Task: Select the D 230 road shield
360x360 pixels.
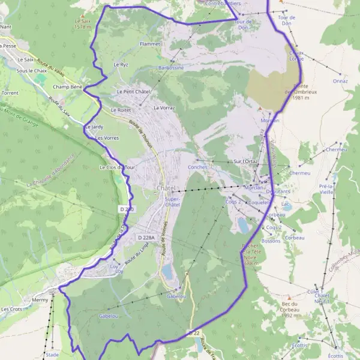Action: pos(126,208)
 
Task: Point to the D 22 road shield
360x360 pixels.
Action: pos(193,332)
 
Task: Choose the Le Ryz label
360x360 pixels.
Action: pos(121,64)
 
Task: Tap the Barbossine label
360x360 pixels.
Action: pos(171,68)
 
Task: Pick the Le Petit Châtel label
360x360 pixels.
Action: pos(133,91)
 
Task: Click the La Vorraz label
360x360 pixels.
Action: pos(164,108)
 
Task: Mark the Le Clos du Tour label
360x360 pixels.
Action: pos(119,167)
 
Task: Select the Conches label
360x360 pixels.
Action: pos(197,167)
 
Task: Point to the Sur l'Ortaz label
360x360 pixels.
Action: pos(245,161)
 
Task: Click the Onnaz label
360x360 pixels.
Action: pos(340,80)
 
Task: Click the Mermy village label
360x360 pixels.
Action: pos(41,299)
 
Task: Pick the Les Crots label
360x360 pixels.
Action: pos(11,309)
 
